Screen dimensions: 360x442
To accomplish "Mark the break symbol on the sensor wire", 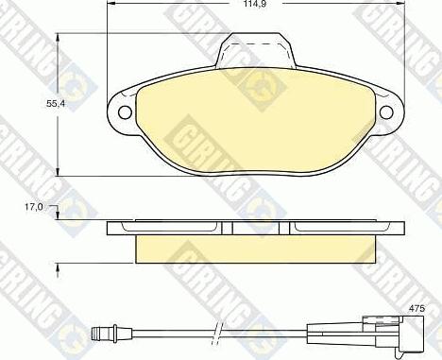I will click(x=218, y=332).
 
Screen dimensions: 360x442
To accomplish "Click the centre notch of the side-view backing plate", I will click(x=255, y=227).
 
